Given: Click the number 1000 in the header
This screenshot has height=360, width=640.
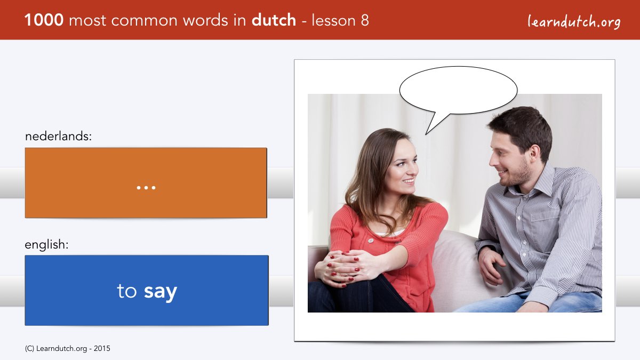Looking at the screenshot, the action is coord(44,20).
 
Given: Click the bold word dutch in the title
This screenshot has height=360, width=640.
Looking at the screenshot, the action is coord(274,20).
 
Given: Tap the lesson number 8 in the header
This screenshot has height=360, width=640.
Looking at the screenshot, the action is coord(365,20).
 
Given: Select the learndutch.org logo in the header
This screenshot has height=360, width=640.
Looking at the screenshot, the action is coord(574,22).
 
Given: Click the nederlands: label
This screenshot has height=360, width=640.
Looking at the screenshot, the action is coord(58,136).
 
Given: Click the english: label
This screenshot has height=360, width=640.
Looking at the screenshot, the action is coord(46,245).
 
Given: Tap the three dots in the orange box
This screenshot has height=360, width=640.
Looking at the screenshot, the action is coord(146,188).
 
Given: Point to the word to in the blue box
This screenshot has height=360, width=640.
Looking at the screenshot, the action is coord(127,291).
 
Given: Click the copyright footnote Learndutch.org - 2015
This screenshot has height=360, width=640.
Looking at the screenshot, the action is coord(67,349).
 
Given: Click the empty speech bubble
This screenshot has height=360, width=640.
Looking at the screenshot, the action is coord(458,90).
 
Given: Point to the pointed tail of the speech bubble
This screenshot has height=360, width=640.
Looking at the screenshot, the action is coord(426,134).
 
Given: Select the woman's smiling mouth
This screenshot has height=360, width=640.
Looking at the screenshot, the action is coord(408,181).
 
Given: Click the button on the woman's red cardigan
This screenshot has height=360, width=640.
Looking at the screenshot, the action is coord(371,241).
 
